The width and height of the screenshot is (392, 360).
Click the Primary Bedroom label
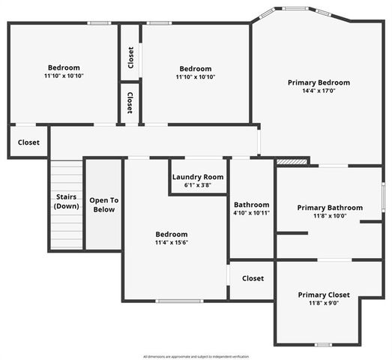pos(319,82)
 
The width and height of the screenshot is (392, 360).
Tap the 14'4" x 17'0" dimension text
pos(319,91)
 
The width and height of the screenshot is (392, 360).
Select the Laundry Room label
pos(198,177)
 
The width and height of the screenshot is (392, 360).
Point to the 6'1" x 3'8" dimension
pos(198,185)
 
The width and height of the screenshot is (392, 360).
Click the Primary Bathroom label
pos(330,208)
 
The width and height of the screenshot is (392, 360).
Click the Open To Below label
pos(103,205)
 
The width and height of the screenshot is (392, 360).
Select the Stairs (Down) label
pos(66,201)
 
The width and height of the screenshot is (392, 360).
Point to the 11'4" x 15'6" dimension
pos(171,243)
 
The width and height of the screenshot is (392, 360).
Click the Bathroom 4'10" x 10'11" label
pos(251,208)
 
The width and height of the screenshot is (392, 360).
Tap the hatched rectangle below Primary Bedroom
pos(292,160)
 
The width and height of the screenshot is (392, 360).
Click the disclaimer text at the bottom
pos(196,356)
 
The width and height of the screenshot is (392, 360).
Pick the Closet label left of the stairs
pos(28,142)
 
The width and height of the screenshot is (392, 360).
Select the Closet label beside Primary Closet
pos(253,278)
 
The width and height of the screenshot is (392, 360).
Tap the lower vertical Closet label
pos(130,102)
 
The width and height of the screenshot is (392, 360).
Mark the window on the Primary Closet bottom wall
pos(323,344)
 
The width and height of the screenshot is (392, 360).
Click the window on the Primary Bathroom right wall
pos(382,193)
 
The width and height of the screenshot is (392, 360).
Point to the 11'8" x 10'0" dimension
pos(330,217)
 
